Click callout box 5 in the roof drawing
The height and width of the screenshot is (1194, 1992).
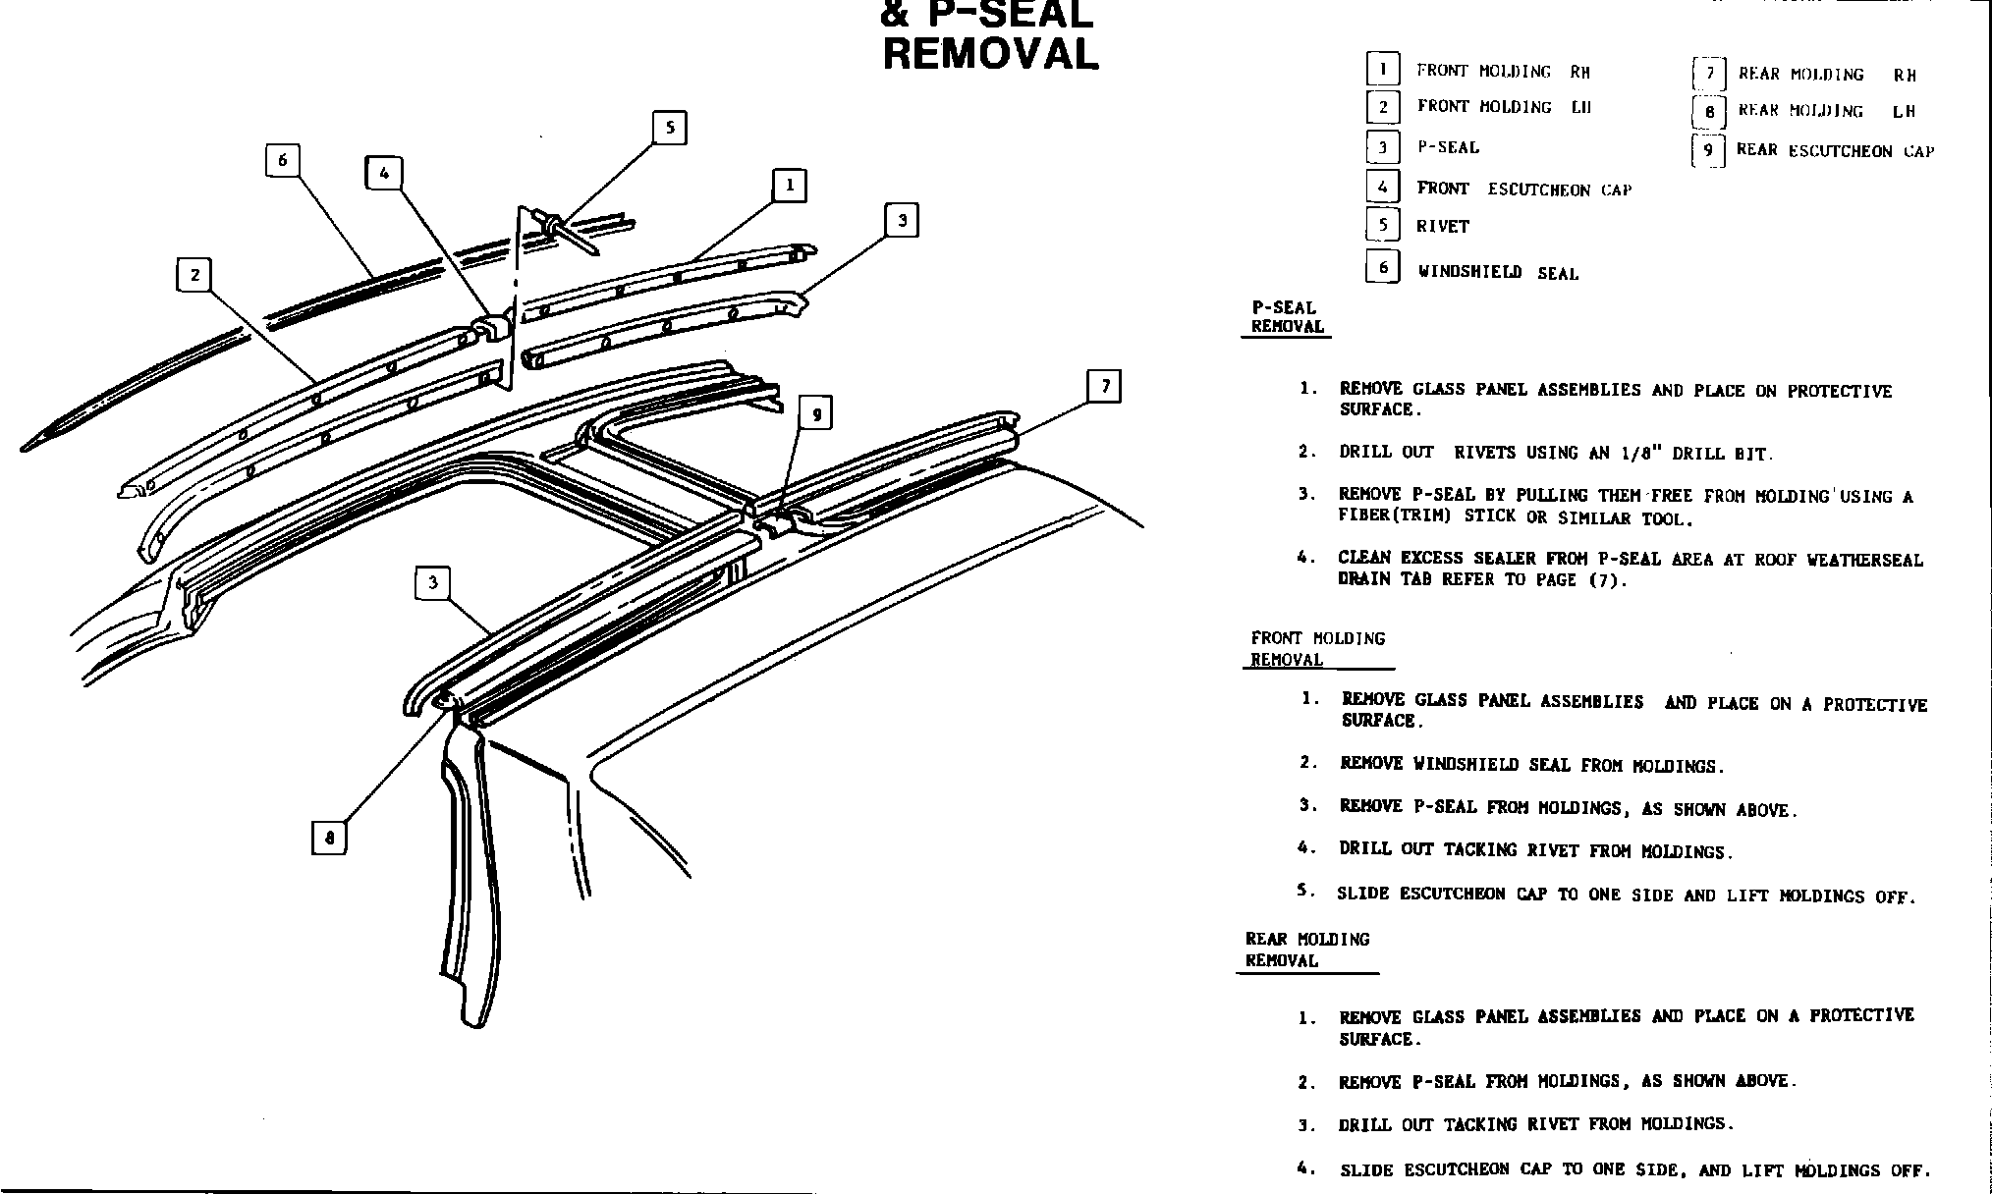[x=669, y=128]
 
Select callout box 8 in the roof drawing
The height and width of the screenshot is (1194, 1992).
[x=329, y=838]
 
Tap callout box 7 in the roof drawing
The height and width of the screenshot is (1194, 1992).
[x=1105, y=386]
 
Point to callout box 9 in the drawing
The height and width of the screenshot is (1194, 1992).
[x=815, y=413]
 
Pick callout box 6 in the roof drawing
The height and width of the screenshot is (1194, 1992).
[x=282, y=160]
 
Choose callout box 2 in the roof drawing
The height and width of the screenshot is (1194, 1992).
[x=194, y=275]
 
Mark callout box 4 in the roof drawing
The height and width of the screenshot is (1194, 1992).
[x=383, y=174]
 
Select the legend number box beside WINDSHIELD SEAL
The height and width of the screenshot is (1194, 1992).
[x=1383, y=267]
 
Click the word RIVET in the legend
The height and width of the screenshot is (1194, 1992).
[x=1442, y=227]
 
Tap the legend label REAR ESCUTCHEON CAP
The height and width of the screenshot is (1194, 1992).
[x=1835, y=151]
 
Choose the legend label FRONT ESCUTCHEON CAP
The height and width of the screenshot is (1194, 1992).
[x=1523, y=190]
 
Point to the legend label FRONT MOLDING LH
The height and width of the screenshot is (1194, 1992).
[x=1503, y=107]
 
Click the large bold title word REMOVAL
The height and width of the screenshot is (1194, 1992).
[x=990, y=54]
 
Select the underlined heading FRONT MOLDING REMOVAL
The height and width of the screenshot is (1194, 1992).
[x=1317, y=649]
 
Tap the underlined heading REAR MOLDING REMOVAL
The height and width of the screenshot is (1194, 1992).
[x=1306, y=950]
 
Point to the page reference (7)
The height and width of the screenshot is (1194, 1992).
[x=1607, y=580]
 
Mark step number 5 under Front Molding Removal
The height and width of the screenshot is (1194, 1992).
[x=1304, y=892]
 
